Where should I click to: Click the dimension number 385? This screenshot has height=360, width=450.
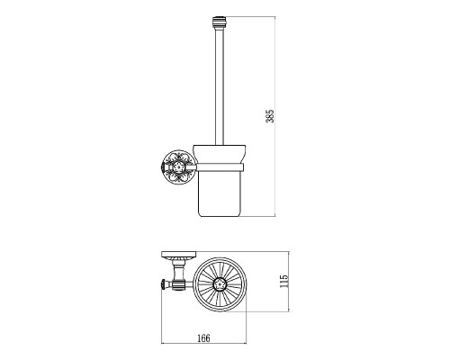[270, 116]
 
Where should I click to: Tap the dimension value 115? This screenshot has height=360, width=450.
[283, 282]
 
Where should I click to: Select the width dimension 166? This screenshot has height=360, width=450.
[204, 338]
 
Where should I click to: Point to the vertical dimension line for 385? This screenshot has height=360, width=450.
[275, 116]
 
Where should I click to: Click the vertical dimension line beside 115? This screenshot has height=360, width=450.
[289, 282]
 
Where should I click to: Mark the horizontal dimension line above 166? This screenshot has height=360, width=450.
[204, 343]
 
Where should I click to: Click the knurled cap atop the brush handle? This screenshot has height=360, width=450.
[219, 22]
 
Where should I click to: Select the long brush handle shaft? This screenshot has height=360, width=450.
[219, 86]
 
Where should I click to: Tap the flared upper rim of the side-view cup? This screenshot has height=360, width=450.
[220, 154]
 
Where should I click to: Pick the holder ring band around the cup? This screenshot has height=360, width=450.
[220, 167]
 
